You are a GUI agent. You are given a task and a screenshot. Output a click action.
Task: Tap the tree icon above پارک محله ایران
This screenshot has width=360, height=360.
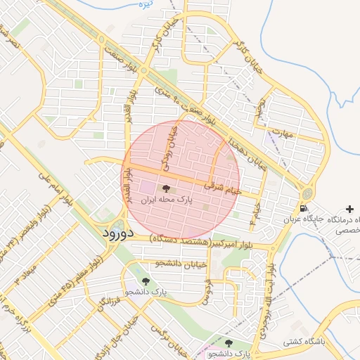[166, 188]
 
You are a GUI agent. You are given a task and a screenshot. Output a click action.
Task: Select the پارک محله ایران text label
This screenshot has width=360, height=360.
[167, 200]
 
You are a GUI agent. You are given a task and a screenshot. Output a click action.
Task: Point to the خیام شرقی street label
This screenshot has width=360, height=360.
[223, 187]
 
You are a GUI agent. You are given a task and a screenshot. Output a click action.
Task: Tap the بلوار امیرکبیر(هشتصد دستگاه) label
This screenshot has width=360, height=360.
[201, 243]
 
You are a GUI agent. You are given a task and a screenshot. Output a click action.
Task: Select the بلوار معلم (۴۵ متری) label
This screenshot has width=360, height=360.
[76, 281]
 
